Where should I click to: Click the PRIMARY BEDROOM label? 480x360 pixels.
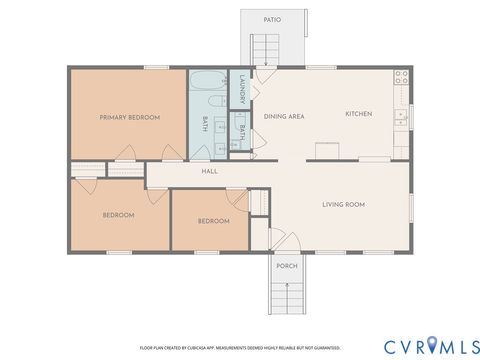click(130, 118)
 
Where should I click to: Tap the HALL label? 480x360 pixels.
click(209, 171)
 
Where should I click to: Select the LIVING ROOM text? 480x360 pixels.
click(343, 204)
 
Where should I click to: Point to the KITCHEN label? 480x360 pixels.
click(358, 114)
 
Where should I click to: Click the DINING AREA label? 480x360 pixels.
click(284, 116)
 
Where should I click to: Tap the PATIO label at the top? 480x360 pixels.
click(271, 19)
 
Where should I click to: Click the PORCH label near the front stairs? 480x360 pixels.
click(287, 265)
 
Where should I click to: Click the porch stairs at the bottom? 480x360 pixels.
click(287, 298)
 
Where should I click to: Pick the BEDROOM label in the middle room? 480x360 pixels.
click(213, 221)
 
